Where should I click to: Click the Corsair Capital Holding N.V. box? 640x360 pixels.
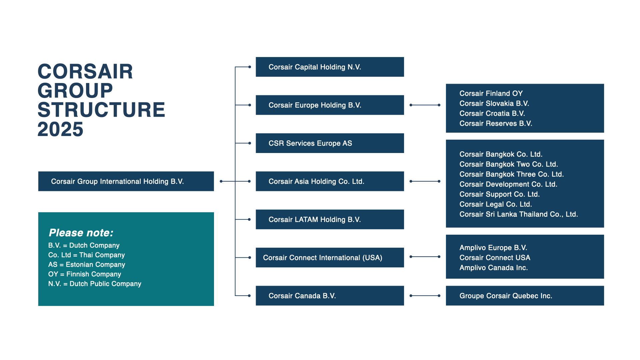[329, 67]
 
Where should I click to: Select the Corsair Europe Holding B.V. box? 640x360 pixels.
[329, 105]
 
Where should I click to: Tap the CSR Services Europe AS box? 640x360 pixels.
[329, 143]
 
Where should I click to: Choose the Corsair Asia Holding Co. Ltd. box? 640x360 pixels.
[329, 181]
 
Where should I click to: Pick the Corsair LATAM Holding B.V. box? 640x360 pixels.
[329, 219]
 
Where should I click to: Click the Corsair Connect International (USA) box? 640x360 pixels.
[329, 258]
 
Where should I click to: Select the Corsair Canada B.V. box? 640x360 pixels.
[329, 296]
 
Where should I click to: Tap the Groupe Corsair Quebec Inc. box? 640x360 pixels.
[524, 296]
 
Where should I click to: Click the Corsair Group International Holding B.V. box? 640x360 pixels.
[126, 181]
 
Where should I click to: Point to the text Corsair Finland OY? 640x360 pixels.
[491, 94]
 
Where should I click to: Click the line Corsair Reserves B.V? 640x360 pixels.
[495, 124]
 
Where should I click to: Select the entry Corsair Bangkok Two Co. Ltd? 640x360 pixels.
[508, 164]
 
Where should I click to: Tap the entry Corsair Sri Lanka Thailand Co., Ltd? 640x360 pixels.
[518, 214]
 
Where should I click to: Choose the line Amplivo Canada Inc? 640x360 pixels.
[493, 268]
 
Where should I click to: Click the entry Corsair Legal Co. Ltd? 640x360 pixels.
[495, 204]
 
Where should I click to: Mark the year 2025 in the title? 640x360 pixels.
[60, 129]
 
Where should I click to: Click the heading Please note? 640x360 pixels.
[81, 233]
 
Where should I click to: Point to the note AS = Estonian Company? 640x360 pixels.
[87, 265]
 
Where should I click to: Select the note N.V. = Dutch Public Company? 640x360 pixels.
[95, 284]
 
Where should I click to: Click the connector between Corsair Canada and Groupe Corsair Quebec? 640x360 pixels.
[425, 296]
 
